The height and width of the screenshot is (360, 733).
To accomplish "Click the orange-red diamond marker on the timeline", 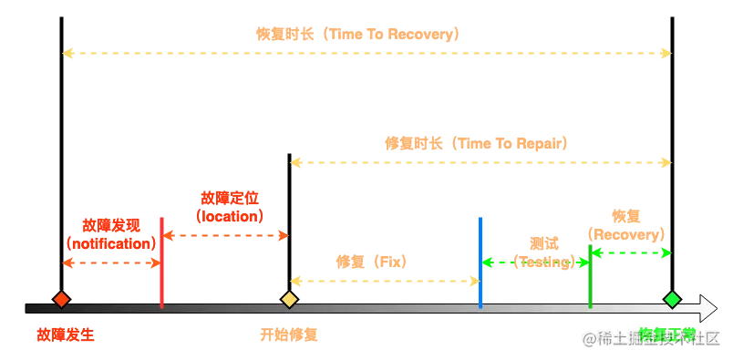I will [61, 299].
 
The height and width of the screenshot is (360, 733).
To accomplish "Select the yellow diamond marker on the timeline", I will [289, 299].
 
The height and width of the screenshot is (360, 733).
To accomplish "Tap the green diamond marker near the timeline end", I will [672, 299].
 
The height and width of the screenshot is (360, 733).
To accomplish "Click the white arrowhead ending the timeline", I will [707, 308].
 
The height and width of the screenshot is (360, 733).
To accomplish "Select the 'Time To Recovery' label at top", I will [357, 35].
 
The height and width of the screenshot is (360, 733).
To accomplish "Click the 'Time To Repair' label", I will [477, 143].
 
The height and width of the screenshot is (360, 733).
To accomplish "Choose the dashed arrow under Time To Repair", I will [480, 163].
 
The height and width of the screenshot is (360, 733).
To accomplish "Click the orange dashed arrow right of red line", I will [226, 236].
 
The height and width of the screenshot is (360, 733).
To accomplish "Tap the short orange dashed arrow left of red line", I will [111, 263].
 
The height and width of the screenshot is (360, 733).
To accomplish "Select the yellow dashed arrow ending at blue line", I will [385, 280].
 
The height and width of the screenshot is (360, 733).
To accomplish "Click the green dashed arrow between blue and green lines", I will [535, 262].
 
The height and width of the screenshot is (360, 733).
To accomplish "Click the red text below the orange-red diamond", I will [65, 334].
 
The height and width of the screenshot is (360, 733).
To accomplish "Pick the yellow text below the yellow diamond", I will [288, 334].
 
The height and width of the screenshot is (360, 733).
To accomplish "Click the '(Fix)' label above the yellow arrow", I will [371, 262].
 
